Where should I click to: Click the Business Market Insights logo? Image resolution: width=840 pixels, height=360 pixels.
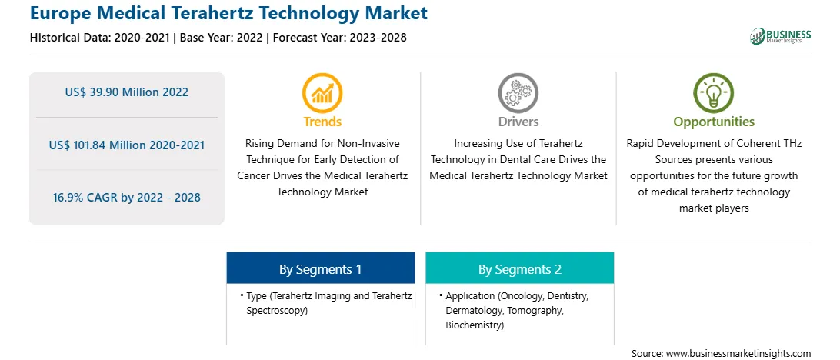tap(781, 36)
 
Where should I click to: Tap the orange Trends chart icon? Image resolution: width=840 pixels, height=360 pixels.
tap(322, 92)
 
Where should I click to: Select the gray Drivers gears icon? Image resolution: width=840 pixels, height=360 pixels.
tap(518, 92)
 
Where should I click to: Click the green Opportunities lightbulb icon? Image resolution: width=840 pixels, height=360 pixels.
tap(714, 92)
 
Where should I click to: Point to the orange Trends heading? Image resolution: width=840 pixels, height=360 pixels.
tap(322, 122)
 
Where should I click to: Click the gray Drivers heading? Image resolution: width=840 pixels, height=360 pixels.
tap(518, 122)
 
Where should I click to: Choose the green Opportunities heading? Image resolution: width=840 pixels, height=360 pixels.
tap(714, 122)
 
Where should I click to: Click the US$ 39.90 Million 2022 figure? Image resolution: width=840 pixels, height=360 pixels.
tap(126, 92)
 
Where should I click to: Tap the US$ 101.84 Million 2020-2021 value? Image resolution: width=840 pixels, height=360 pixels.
tap(126, 145)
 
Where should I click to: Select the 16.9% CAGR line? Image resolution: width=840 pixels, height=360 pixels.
tap(126, 197)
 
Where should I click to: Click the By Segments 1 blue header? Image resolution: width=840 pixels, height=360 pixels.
tap(320, 268)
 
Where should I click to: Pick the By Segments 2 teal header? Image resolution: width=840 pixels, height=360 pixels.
tap(520, 268)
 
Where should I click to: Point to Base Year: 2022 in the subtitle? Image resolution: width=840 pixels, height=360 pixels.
tap(222, 38)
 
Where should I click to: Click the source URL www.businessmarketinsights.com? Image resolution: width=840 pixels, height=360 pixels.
tap(738, 353)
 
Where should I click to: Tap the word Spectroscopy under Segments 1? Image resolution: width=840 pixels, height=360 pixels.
tap(277, 311)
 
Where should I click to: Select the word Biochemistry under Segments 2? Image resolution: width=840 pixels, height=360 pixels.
tap(474, 325)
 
